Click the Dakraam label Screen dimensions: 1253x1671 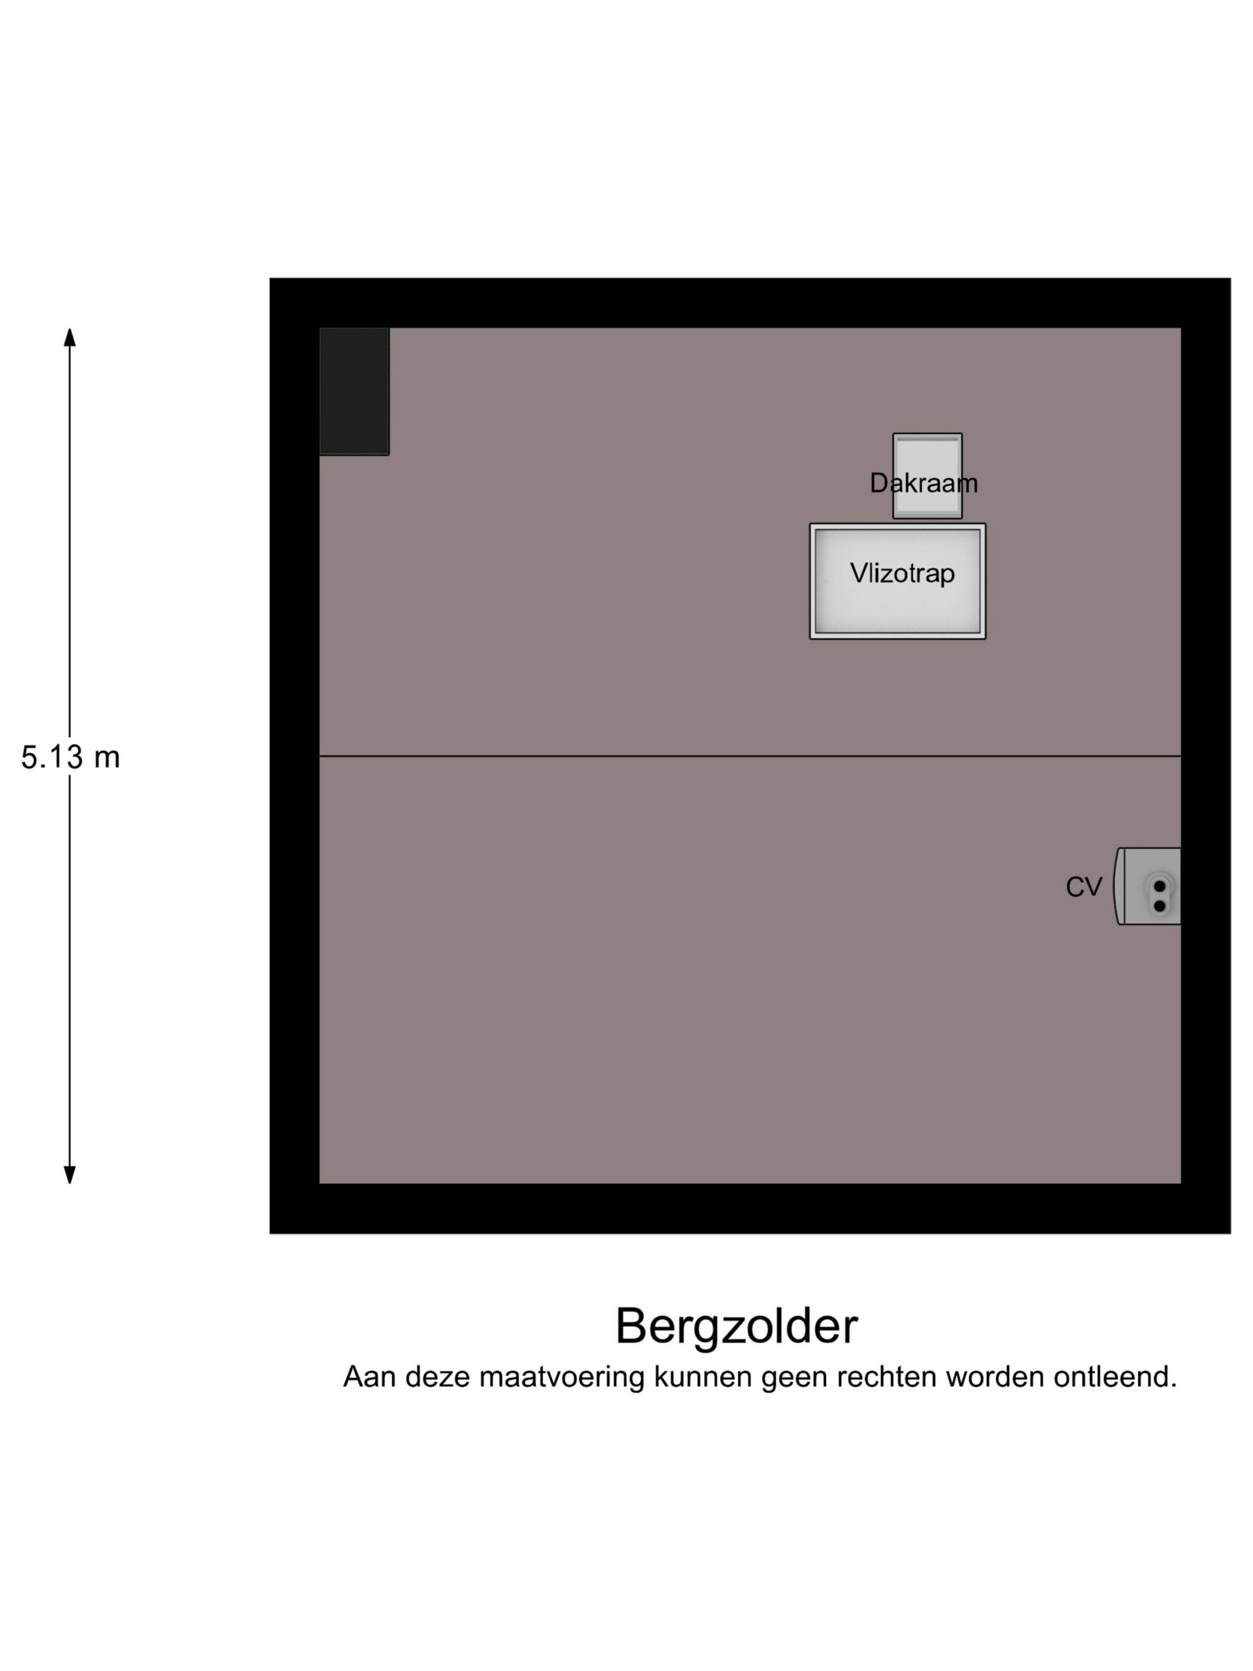click(x=924, y=483)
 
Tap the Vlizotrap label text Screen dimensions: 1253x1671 click(x=903, y=574)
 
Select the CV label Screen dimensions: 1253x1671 click(x=1084, y=887)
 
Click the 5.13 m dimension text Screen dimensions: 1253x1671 click(x=70, y=757)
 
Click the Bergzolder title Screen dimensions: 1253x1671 click(x=736, y=1327)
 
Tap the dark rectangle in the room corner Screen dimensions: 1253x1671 click(x=354, y=391)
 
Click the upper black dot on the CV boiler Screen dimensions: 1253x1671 click(x=1159, y=886)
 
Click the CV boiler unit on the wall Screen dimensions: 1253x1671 click(x=1147, y=886)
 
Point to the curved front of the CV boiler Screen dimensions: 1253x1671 click(x=1119, y=886)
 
